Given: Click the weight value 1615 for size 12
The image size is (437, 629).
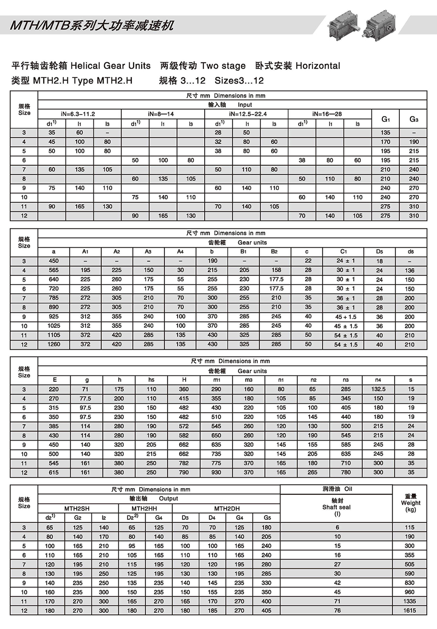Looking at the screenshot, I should tap(410, 610).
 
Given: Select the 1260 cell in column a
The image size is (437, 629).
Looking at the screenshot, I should tap(54, 344).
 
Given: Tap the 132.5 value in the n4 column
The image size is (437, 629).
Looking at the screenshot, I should tap(378, 389).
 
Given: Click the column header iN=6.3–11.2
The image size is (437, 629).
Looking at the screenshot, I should tap(78, 114).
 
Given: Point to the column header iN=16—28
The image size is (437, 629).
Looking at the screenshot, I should tap(327, 114).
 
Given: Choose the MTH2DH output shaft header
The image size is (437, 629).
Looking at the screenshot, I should tap(227, 508).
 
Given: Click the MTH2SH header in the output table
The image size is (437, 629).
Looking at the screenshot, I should tap(77, 508).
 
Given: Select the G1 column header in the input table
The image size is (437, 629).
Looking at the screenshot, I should tap(385, 119).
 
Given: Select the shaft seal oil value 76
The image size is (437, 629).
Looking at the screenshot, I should tap(337, 610).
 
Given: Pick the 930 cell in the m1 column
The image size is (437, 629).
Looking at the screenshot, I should tap(216, 472).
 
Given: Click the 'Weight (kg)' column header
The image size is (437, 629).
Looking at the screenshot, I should tap(410, 503).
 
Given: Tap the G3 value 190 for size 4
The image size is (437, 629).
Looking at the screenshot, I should tap(414, 142).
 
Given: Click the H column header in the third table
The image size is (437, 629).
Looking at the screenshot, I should tap(184, 380).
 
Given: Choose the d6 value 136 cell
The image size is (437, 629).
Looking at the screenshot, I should tap(410, 270).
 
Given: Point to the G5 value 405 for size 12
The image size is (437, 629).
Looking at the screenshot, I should tap(267, 610).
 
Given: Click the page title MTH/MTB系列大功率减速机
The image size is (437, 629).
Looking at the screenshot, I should tap(92, 25).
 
